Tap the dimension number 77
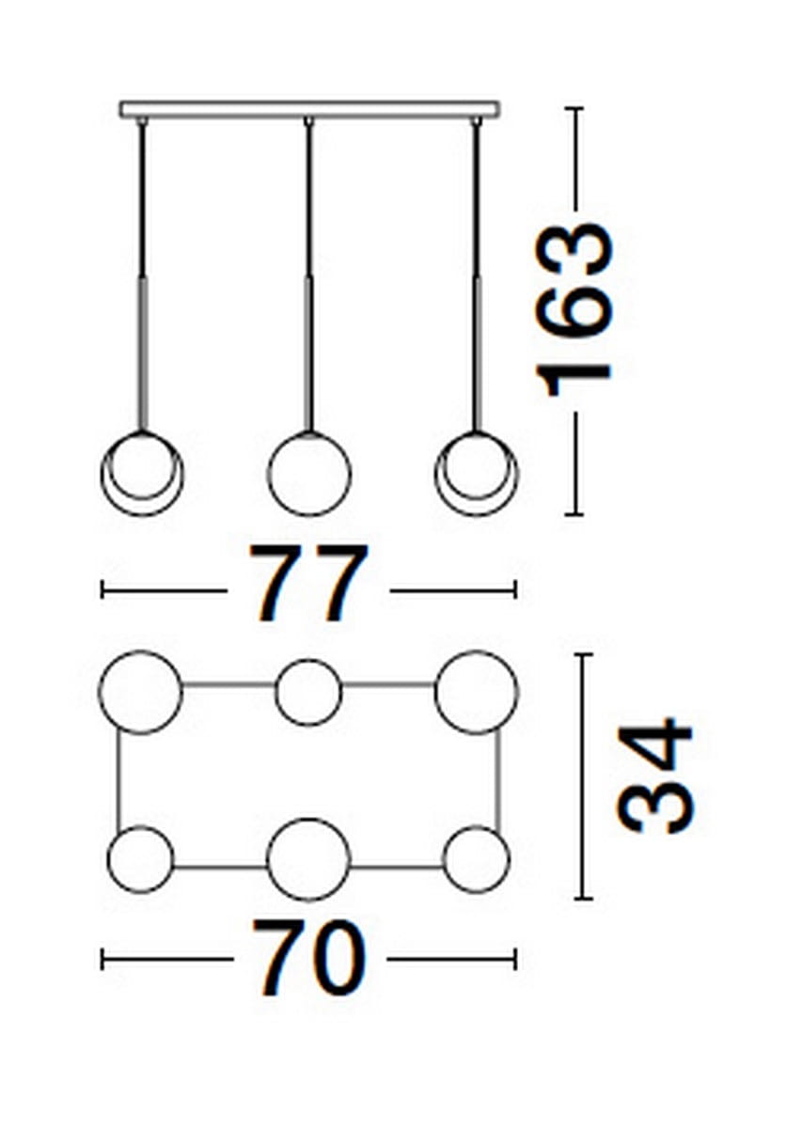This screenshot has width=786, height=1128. click(x=308, y=583)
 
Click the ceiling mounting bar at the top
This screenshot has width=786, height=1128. click(x=309, y=109)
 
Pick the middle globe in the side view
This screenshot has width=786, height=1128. click(x=309, y=474)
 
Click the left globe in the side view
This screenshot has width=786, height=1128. click(x=143, y=515)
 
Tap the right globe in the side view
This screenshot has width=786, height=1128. click(x=477, y=515)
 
